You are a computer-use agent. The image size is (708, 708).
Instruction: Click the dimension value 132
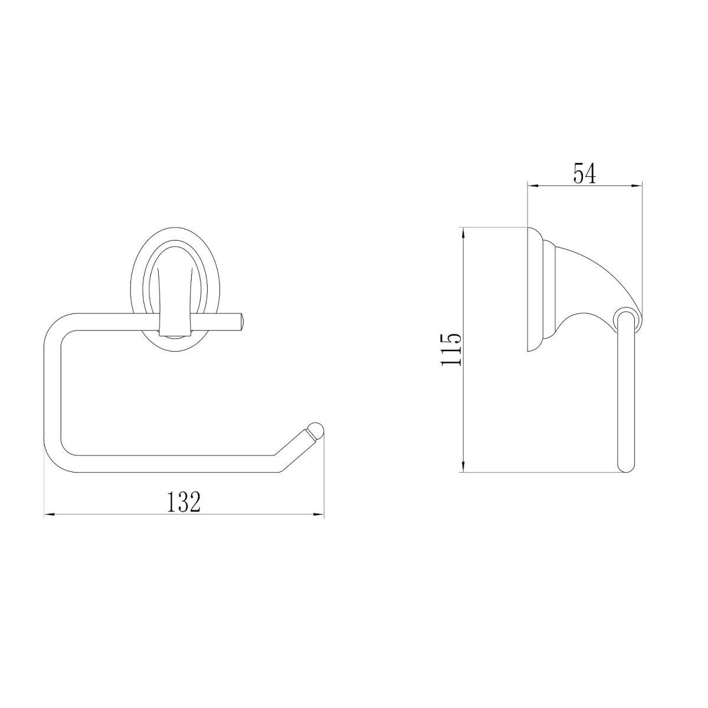(183, 502)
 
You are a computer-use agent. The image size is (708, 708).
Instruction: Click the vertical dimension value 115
(451, 350)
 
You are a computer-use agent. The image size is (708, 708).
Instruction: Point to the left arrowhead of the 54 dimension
(533, 186)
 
